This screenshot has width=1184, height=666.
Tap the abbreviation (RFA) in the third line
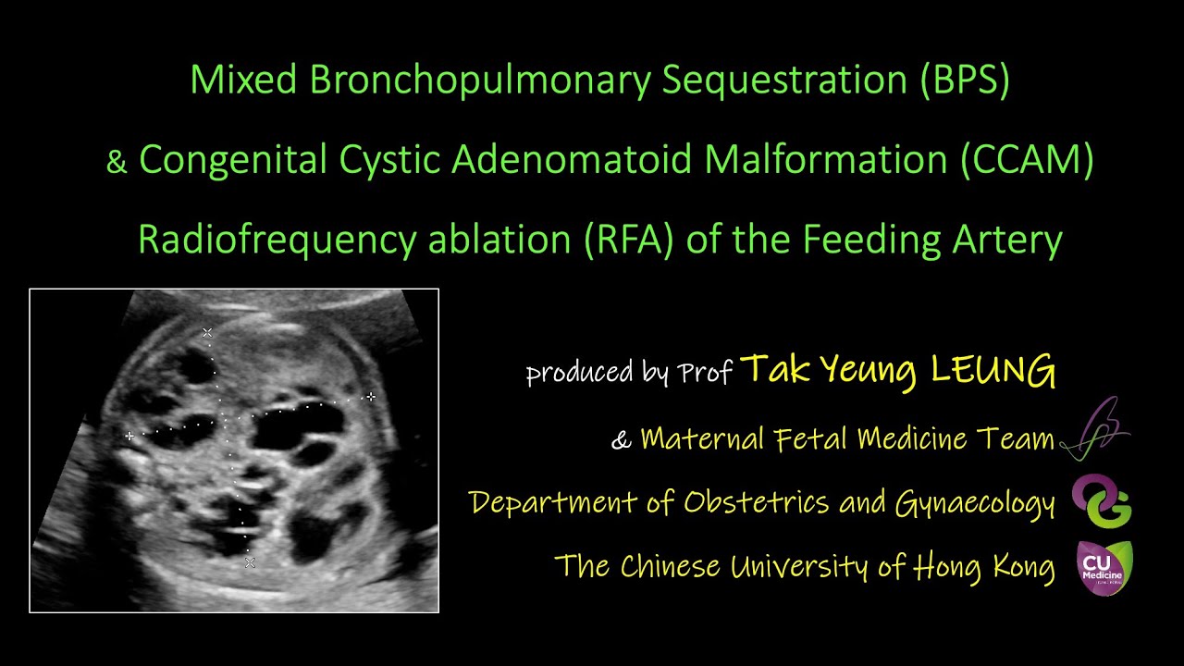632,240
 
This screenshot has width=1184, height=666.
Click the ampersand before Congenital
117,162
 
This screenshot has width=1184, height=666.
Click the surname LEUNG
993,370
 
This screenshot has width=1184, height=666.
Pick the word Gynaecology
975,502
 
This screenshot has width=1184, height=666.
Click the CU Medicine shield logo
1103,567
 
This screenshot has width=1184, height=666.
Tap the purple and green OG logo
1103,502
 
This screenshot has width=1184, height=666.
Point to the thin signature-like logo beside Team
1096,431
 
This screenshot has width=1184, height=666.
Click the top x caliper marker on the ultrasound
207,332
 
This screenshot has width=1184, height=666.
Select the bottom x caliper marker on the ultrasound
249,561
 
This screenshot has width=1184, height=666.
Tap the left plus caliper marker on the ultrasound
129,435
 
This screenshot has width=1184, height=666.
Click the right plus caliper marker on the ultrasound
370,397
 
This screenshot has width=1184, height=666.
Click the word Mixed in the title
243,80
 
